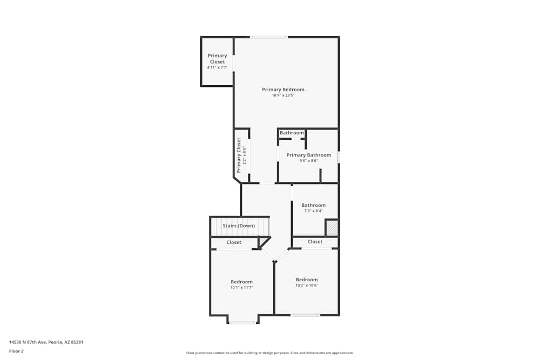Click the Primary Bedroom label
click(283, 90)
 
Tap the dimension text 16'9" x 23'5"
click(283, 96)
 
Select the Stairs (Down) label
click(239, 226)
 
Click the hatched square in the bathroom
click(331, 227)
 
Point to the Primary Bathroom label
click(308, 155)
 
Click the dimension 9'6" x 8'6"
click(308, 161)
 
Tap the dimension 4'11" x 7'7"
click(217, 67)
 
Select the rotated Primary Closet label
click(239, 155)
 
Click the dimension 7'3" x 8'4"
click(313, 211)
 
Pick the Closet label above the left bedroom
click(234, 242)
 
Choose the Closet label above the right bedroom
click(315, 242)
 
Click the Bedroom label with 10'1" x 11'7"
click(241, 282)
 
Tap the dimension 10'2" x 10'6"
click(307, 286)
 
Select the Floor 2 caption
click(16, 351)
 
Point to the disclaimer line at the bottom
click(269, 353)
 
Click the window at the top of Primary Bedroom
click(268, 37)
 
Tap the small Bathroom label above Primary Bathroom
click(292, 133)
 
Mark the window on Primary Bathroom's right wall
click(339, 157)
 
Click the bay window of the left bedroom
click(242, 323)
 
